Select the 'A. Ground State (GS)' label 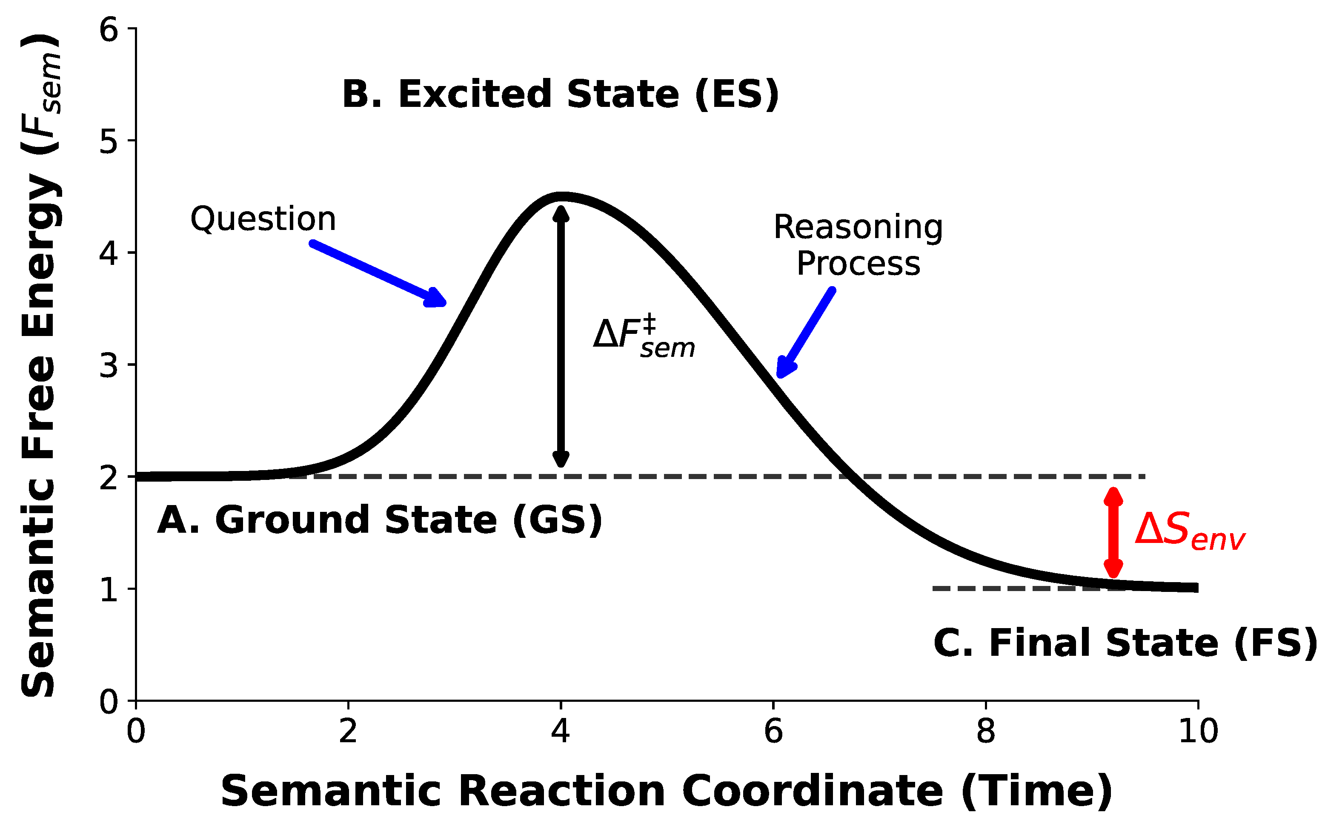click(380, 520)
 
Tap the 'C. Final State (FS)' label click(1125, 643)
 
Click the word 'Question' click(263, 219)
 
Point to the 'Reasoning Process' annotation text click(858, 245)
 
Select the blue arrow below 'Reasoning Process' click(806, 333)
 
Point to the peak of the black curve click(561, 196)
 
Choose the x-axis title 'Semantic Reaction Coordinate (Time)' click(667, 791)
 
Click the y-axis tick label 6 click(109, 29)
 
